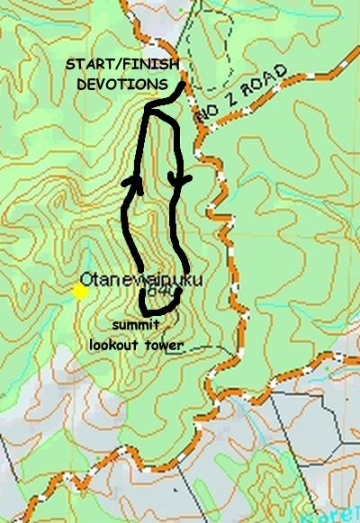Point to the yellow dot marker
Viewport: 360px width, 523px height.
(80, 291)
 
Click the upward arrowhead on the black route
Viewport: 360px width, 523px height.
(136, 185)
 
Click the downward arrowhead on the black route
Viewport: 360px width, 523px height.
(184, 184)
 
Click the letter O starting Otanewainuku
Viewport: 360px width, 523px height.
(87, 279)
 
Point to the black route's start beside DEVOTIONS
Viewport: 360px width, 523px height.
(183, 86)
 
